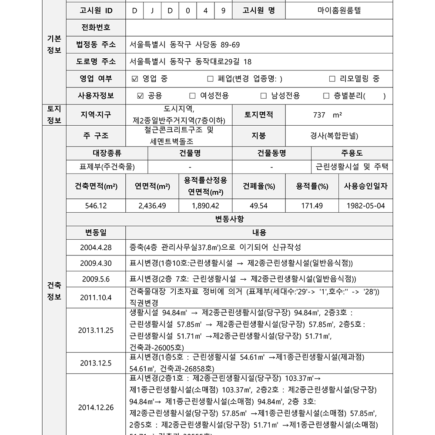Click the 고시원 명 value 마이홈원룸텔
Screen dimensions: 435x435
[339, 10]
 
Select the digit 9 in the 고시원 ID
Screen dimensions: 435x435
[223, 10]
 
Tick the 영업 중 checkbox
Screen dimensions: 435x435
[134, 79]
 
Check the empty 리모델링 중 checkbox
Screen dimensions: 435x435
[332, 79]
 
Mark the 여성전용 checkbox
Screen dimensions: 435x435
[192, 96]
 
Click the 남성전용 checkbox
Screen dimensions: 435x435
[263, 96]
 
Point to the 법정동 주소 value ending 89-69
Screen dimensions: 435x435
[185, 44]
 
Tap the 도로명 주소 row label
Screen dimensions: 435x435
[96, 61]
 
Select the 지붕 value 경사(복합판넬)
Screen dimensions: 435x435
[334, 136]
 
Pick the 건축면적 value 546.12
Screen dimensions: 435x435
[96, 206]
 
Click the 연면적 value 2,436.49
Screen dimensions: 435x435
[152, 206]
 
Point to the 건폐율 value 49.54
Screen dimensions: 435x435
[259, 206]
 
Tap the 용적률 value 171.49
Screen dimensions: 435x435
[312, 206]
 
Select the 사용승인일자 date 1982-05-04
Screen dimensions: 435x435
[366, 206]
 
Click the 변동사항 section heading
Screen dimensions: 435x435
[230, 219]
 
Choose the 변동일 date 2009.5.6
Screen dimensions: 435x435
[96, 279]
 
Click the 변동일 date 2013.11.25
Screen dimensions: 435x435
[96, 330]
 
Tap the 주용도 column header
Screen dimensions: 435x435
[352, 153]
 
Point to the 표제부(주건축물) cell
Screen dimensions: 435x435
[107, 167]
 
